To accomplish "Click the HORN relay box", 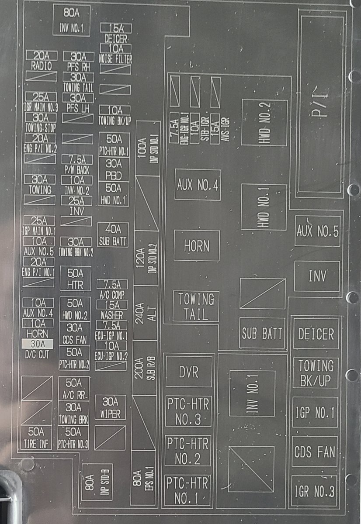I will point(197,246).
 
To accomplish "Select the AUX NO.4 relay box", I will point(198,185).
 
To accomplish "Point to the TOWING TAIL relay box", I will point(196,306).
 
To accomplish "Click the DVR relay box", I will point(189,372).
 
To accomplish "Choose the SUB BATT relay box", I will point(262,333).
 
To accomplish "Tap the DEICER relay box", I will point(316,334).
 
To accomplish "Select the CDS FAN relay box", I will point(315,451).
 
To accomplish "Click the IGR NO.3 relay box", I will point(315,491).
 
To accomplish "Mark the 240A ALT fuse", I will point(146,313).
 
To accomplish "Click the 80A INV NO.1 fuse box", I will point(72,21).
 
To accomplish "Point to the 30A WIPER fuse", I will point(111,407).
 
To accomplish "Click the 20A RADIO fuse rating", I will point(41,56).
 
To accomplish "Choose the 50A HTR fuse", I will point(75,279).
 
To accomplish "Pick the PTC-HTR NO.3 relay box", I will point(188,411).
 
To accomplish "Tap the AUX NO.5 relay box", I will point(317,231).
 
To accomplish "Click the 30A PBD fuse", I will point(114,169).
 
